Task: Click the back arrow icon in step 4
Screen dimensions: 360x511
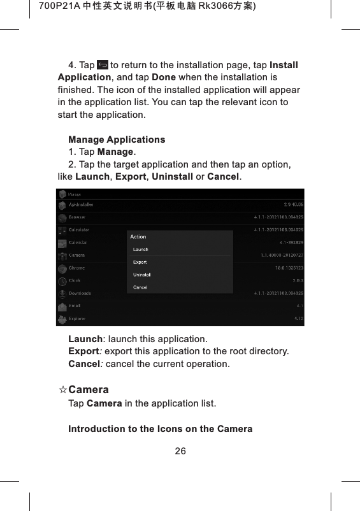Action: click(x=102, y=65)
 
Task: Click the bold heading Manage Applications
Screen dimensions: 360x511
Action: click(x=117, y=140)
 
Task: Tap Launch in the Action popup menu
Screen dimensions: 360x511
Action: click(x=140, y=249)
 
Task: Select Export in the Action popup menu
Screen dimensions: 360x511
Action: click(x=140, y=262)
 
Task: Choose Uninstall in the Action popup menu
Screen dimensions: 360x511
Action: click(x=141, y=275)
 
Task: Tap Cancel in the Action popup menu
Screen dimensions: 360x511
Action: click(x=140, y=287)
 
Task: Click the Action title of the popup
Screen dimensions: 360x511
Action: click(x=138, y=237)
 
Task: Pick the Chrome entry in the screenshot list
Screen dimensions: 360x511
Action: click(x=76, y=268)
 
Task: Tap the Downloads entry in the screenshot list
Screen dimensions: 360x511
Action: click(x=80, y=293)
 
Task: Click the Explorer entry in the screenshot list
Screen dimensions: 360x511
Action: click(x=78, y=318)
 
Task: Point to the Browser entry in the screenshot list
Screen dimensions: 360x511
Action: click(x=78, y=217)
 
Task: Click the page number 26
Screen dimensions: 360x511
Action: click(x=180, y=452)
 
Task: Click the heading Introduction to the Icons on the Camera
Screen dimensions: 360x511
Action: click(x=161, y=429)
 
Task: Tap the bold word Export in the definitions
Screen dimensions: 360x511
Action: click(x=84, y=351)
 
